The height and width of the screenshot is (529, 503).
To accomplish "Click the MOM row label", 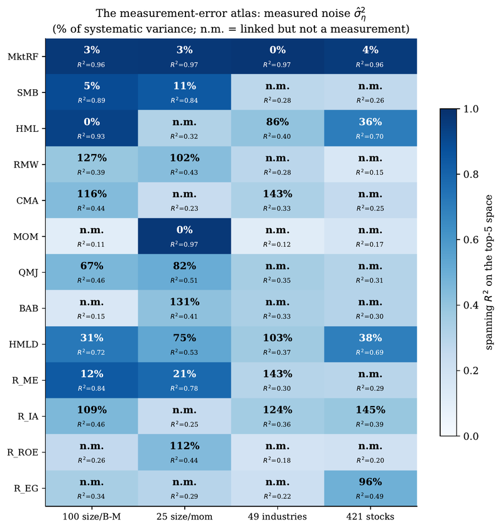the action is pyautogui.click(x=26, y=236).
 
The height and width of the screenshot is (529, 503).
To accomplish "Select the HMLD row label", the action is pyautogui.click(x=23, y=344).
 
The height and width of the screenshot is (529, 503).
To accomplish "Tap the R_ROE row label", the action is pyautogui.click(x=23, y=452).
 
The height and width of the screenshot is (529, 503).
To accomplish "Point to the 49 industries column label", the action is pyautogui.click(x=277, y=516).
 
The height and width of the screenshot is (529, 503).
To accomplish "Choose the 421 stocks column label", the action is pyautogui.click(x=370, y=516).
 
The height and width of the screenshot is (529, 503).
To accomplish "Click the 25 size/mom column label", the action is pyautogui.click(x=184, y=516).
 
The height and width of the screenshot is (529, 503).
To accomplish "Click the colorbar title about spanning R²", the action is pyautogui.click(x=488, y=272).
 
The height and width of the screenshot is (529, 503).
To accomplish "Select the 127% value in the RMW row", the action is pyautogui.click(x=92, y=158).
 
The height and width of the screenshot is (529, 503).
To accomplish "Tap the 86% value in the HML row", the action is pyautogui.click(x=277, y=122).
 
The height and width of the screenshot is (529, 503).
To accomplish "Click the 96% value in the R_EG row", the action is pyautogui.click(x=370, y=482).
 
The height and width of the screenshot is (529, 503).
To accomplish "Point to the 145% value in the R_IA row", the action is pyautogui.click(x=370, y=410).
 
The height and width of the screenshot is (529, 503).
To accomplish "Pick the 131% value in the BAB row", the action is pyautogui.click(x=185, y=302).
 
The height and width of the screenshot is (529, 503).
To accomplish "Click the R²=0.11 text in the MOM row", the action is pyautogui.click(x=91, y=244).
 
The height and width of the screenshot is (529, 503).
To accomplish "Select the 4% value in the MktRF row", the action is pyautogui.click(x=370, y=50).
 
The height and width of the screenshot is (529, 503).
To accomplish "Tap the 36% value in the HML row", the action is pyautogui.click(x=370, y=122).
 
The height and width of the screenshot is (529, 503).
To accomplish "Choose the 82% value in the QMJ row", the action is pyautogui.click(x=185, y=266).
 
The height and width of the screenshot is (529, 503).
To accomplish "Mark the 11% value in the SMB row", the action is pyautogui.click(x=185, y=86).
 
